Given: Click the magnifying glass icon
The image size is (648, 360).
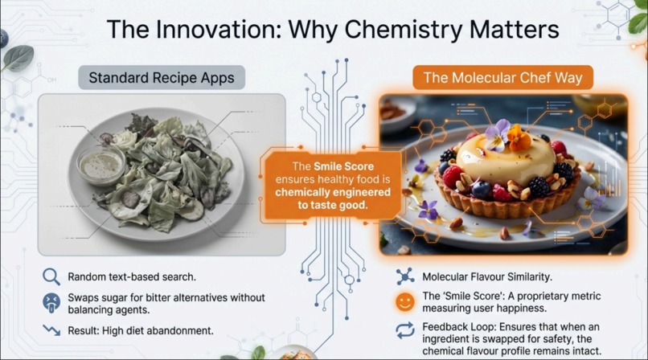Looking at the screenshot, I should (x=51, y=277).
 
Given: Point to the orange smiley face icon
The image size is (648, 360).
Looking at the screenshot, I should (x=405, y=302).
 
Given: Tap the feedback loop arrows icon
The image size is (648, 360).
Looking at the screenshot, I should (x=405, y=329).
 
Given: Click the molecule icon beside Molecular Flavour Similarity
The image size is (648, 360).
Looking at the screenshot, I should (x=405, y=276).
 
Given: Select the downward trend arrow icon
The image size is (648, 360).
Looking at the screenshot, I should (x=51, y=330).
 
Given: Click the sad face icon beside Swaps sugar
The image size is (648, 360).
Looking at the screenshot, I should (x=51, y=303).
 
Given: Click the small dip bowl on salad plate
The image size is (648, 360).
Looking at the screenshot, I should (x=101, y=165).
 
